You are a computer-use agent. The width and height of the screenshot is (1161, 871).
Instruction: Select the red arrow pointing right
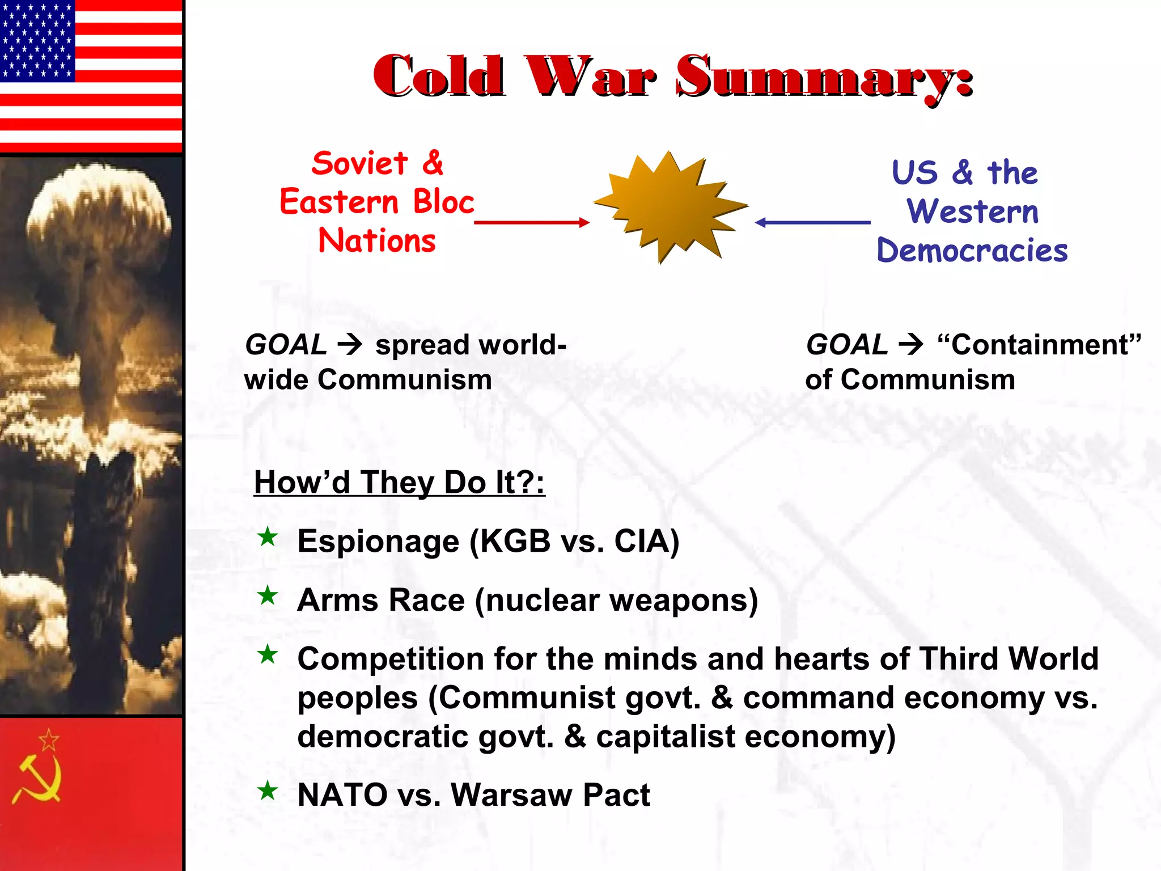tap(532, 222)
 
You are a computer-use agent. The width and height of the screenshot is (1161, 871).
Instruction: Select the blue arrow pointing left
tap(813, 222)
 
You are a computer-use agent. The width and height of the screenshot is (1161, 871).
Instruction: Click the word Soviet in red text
tap(359, 164)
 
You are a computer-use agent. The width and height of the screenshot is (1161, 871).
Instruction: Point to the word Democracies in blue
tap(972, 251)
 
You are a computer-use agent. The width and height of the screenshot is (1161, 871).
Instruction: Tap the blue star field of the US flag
tap(37, 40)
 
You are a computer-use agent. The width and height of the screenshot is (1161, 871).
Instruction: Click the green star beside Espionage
tap(268, 536)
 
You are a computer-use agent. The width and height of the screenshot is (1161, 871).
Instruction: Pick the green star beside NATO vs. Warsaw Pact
tap(268, 790)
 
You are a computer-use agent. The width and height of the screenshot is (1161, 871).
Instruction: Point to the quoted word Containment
tap(1039, 345)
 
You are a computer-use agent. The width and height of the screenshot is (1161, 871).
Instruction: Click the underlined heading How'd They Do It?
tap(399, 483)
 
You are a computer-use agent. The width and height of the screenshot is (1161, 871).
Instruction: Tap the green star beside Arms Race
tap(268, 595)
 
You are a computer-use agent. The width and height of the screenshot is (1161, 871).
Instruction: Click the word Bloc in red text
tap(443, 202)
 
